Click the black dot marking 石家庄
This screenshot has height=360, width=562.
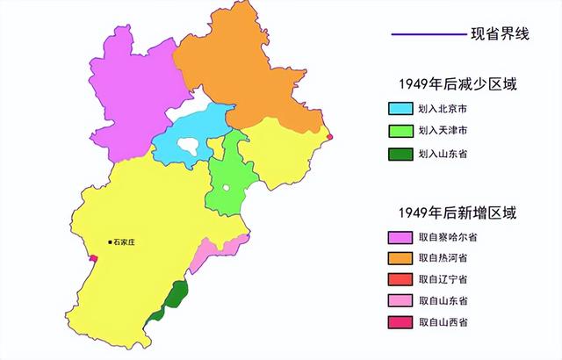(110, 241)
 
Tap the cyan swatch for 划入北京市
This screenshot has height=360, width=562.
(400, 111)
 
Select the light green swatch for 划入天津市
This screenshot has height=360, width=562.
(400, 131)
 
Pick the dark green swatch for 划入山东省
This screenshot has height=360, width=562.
(400, 152)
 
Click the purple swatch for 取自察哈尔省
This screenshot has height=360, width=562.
(400, 237)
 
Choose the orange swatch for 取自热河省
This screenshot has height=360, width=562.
(400, 258)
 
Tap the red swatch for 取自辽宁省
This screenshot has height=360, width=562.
(400, 279)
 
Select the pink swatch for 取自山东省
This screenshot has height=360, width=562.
(400, 301)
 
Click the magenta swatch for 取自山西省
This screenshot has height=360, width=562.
(400, 322)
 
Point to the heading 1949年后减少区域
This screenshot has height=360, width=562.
(456, 84)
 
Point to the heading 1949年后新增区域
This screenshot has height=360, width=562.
(456, 212)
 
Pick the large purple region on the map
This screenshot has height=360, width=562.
(132, 88)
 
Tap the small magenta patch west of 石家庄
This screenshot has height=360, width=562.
(94, 258)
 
